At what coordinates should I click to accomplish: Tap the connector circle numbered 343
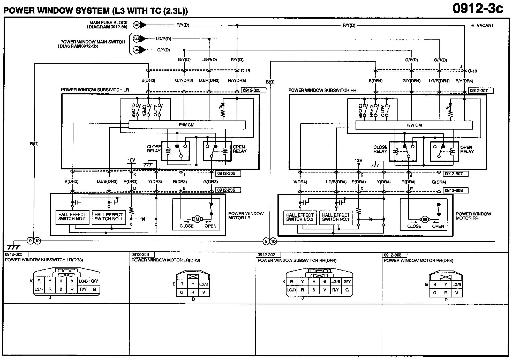click(136, 25)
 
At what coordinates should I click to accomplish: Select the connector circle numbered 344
click(136, 39)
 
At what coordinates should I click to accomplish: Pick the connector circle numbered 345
click(136, 50)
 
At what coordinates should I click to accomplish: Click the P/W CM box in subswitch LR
click(187, 125)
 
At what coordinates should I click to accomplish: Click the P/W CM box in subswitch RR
click(414, 125)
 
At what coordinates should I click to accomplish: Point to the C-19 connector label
click(472, 71)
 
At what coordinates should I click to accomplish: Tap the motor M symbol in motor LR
click(197, 219)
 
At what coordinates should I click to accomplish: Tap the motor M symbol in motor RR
click(425, 220)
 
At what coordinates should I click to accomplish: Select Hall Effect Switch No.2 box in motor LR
click(72, 217)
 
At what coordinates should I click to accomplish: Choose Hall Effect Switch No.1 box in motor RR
click(336, 217)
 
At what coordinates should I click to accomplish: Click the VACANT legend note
click(482, 25)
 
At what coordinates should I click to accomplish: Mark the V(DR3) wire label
click(71, 182)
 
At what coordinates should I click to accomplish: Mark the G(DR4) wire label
click(439, 182)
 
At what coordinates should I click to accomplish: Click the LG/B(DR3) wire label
click(107, 182)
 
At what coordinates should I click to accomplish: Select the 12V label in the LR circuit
click(131, 160)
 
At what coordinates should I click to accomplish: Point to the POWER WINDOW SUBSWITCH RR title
click(322, 90)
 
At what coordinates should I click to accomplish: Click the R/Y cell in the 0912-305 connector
click(83, 289)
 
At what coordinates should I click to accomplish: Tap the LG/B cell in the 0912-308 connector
click(457, 284)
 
